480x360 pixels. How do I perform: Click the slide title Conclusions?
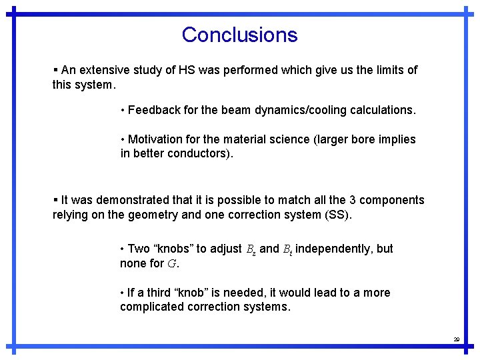click(x=239, y=35)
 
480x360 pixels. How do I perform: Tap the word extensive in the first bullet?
click(x=101, y=70)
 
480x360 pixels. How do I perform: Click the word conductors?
click(x=199, y=154)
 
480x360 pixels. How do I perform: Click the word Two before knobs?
click(x=139, y=249)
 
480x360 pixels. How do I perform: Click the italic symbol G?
click(x=171, y=264)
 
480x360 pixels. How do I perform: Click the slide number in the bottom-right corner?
click(x=457, y=339)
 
